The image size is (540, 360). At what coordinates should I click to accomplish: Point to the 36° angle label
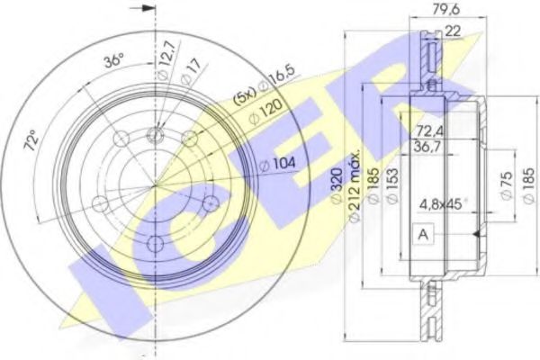[112, 62]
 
